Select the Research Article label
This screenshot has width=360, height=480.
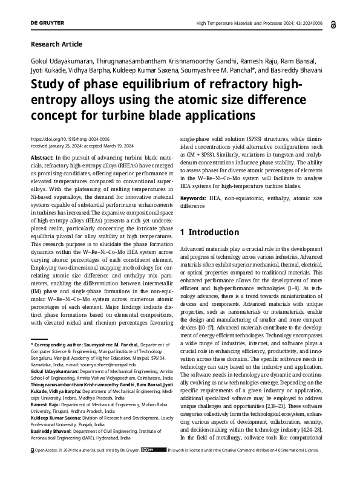(x=56, y=44)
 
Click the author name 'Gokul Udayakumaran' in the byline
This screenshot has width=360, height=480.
(x=64, y=63)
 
